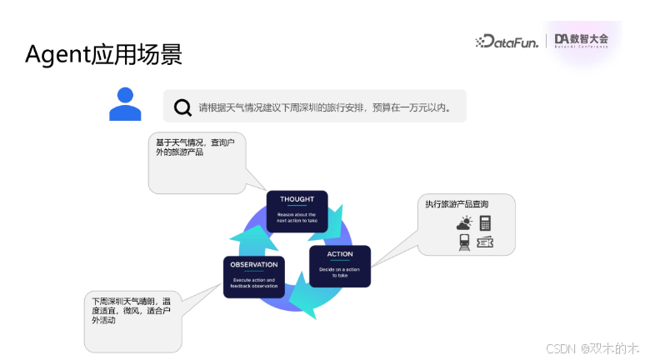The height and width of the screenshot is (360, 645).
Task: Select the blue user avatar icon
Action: (x=125, y=103)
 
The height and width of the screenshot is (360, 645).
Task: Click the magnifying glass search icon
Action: (x=182, y=107)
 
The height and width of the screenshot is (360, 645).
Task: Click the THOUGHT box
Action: (x=297, y=212)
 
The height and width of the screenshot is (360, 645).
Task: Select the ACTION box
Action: (x=340, y=265)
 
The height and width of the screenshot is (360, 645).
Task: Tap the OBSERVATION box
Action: (x=254, y=277)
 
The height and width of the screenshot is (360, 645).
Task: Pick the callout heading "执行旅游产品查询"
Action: (x=457, y=204)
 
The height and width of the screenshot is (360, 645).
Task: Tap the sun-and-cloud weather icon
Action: (x=464, y=222)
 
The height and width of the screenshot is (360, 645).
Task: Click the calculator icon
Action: (x=484, y=222)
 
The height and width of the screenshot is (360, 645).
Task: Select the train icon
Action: (x=464, y=242)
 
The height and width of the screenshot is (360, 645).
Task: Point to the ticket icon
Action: (x=485, y=242)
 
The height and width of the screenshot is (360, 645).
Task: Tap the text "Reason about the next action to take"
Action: (x=297, y=217)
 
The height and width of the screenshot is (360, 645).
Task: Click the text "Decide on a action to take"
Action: (x=340, y=272)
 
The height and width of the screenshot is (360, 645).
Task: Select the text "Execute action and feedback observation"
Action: (x=254, y=283)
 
